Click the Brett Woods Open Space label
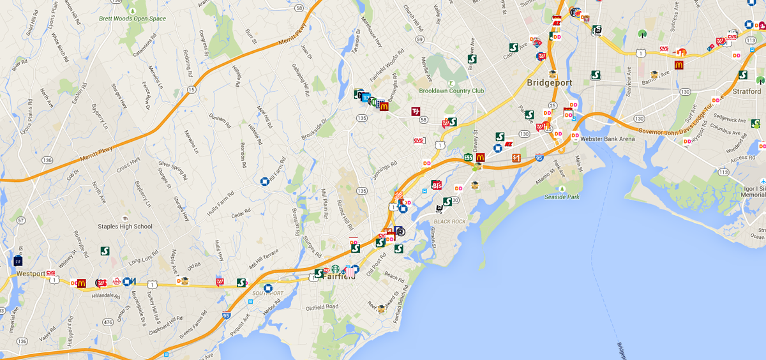tap(132, 19)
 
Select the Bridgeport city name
tap(549, 83)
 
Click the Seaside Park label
tap(562, 197)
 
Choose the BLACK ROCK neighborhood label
tap(450, 221)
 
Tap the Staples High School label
tap(125, 227)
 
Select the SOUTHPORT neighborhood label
tap(267, 294)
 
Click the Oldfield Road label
tap(322, 306)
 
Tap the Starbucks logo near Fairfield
tap(335, 269)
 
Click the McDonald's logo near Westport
tap(82, 283)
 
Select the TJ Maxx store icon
tap(416, 112)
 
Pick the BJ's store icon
tap(437, 185)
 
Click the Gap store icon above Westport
tap(18, 260)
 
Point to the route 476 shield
tap(108, 322)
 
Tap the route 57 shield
tap(21, 220)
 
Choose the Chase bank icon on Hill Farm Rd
tap(263, 181)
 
